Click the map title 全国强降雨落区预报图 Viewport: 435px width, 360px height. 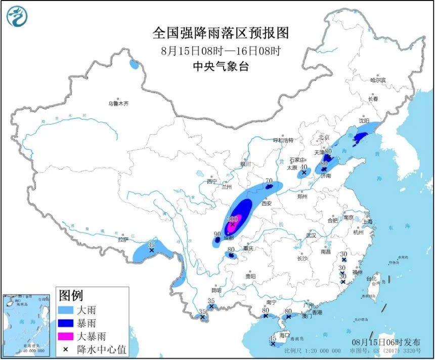point(221,33)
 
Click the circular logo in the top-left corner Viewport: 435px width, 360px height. point(17,16)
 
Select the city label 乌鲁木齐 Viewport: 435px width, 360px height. point(118,104)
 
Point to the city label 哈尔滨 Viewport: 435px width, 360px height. point(377,80)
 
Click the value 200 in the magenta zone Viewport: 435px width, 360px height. point(233,219)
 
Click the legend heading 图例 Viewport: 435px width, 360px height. point(71,296)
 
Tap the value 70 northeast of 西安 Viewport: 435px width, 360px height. point(269,181)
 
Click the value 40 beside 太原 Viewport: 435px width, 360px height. point(303,167)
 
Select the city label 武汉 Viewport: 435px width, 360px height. point(311,235)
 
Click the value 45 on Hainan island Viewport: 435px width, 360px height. point(273,338)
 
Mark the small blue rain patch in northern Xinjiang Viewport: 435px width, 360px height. point(134,64)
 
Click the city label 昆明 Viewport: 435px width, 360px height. point(216,290)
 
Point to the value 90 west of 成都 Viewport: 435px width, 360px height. point(217,234)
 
